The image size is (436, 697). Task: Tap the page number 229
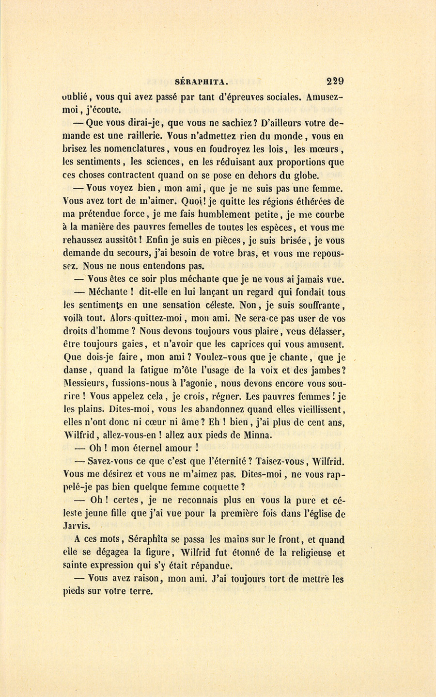335,81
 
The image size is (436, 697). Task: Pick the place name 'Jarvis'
77,526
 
